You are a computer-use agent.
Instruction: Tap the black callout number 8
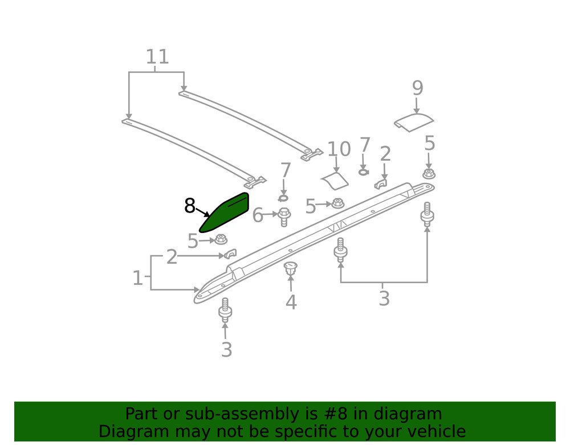(x=190, y=206)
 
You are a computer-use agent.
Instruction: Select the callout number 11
(x=157, y=56)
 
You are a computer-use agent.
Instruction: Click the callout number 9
(x=418, y=88)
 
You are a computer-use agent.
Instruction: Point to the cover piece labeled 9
(x=414, y=123)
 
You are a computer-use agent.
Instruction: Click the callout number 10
(x=339, y=149)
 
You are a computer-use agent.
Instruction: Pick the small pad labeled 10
(x=335, y=181)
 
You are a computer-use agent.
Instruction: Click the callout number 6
(x=258, y=215)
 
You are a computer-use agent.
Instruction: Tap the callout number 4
(x=291, y=302)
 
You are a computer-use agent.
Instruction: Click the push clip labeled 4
(x=290, y=268)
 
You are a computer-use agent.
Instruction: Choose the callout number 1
(x=137, y=278)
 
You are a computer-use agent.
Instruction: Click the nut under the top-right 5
(x=429, y=173)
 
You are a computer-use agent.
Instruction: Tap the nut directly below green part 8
(x=221, y=239)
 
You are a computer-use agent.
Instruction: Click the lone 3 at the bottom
(x=226, y=350)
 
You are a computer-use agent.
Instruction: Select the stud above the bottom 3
(x=225, y=310)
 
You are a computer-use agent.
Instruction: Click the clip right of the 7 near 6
(x=283, y=198)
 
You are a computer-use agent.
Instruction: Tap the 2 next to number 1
(x=172, y=257)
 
